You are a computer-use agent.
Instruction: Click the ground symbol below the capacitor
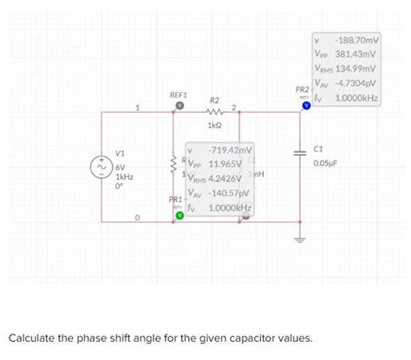pyautogui.click(x=302, y=236)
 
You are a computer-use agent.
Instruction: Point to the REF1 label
pyautogui.click(x=179, y=92)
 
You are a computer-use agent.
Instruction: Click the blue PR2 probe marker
pyautogui.click(x=306, y=109)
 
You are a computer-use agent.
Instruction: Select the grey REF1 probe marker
pyautogui.click(x=179, y=104)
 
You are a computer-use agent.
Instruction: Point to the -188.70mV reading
pyautogui.click(x=357, y=40)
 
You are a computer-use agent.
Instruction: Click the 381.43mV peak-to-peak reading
pyautogui.click(x=357, y=53)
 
